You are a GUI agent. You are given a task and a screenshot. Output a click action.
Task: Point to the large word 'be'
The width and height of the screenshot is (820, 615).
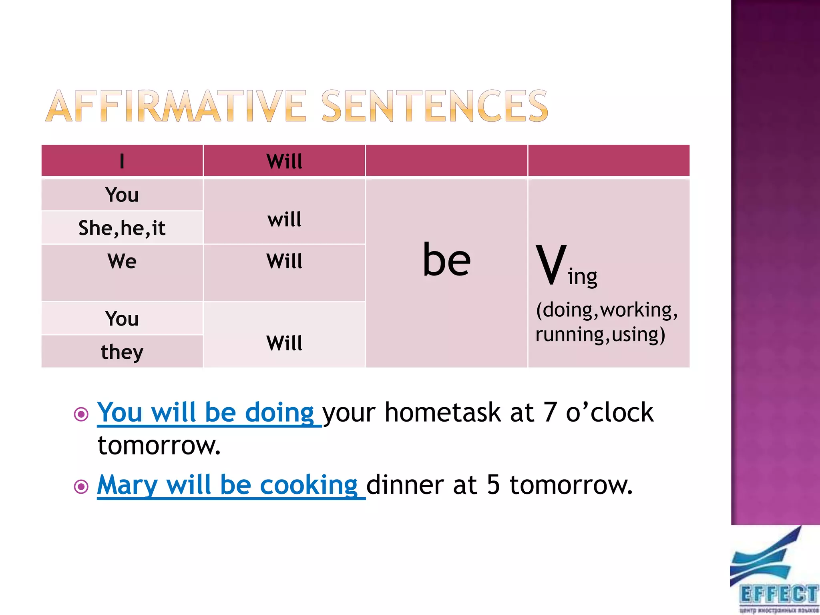[446, 260]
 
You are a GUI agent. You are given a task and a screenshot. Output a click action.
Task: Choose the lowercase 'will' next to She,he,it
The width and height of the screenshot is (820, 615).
[284, 219]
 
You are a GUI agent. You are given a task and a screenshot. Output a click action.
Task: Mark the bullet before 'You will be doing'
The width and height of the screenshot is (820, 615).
[81, 414]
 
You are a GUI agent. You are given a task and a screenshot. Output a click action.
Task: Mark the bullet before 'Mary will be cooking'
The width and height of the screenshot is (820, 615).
[81, 486]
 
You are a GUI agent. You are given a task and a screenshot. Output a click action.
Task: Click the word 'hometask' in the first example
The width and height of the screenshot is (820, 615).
[442, 412]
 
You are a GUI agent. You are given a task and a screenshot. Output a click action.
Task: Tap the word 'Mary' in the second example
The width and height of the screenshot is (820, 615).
[127, 485]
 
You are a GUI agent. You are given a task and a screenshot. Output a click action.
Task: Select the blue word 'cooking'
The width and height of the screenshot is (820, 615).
[308, 485]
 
